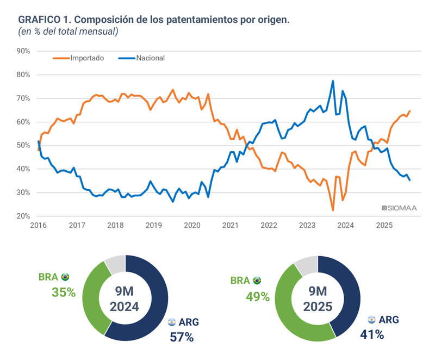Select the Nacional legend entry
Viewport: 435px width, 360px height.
(150, 58)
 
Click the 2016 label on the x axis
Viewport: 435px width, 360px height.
(38, 225)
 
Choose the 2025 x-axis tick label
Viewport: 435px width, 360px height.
(384, 225)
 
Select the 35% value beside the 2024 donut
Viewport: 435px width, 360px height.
(63, 292)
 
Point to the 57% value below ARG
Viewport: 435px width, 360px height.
(182, 337)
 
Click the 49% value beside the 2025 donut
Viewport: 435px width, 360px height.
(257, 296)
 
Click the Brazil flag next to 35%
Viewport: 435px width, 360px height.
(65, 277)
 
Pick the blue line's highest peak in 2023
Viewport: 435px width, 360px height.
(333, 81)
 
